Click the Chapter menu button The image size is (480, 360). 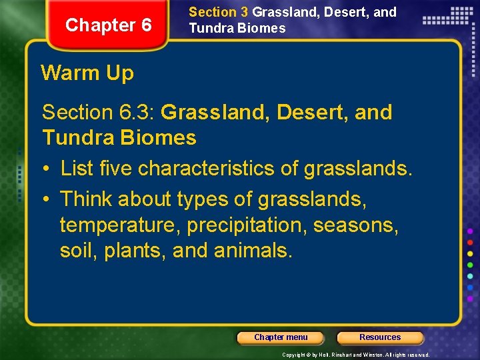pyautogui.click(x=281, y=337)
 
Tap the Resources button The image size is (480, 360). pyautogui.click(x=380, y=337)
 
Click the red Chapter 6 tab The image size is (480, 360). pyautogui.click(x=109, y=25)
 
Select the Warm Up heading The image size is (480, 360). pyautogui.click(x=87, y=73)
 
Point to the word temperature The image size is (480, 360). pyautogui.click(x=120, y=225)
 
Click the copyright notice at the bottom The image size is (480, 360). pyautogui.click(x=356, y=355)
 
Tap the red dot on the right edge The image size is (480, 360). pyautogui.click(x=470, y=241)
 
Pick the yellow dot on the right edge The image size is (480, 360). pyautogui.click(x=470, y=253)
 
